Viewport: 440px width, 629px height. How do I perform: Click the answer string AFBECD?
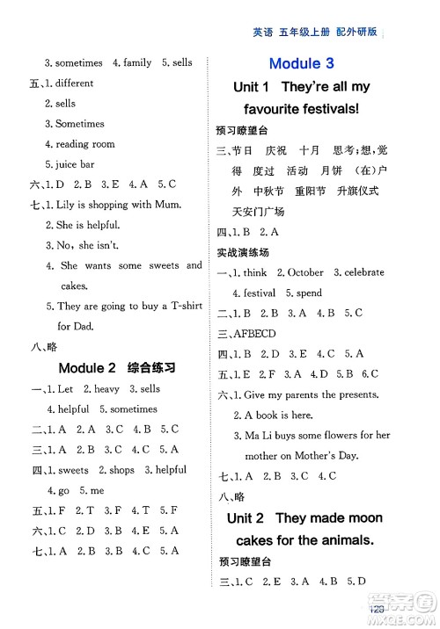pos(260,334)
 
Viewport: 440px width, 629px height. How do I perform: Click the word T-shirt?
pos(184,307)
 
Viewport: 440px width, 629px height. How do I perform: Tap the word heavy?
pos(104,389)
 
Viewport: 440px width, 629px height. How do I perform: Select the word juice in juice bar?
pos(70,164)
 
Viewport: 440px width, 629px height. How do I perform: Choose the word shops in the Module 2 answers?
pos(122,470)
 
